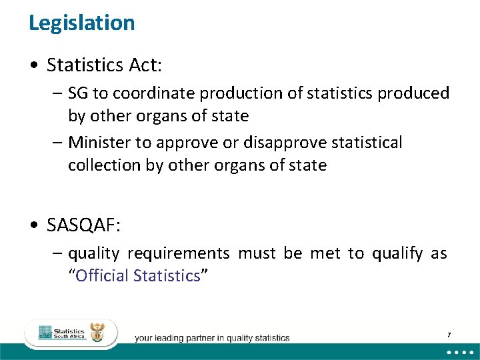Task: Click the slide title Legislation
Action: click(82, 23)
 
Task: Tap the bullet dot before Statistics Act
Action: click(34, 65)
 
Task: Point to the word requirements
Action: click(179, 253)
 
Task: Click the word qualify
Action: click(397, 253)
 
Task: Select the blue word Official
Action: click(103, 276)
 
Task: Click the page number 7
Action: click(449, 334)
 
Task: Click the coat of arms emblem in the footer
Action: click(97, 333)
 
